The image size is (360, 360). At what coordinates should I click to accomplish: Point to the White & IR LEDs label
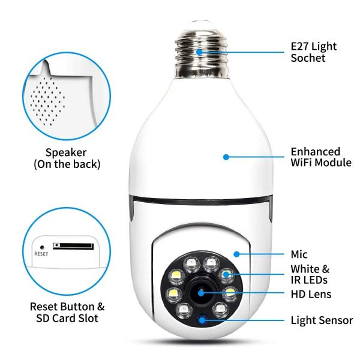click(310, 275)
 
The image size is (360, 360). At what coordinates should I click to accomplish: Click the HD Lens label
click(311, 294)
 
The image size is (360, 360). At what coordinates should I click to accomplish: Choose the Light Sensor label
click(322, 320)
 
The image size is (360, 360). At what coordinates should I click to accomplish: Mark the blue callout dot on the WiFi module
click(226, 157)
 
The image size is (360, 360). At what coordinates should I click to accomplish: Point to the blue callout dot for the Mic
click(237, 254)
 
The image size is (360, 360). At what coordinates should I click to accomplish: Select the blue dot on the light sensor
click(202, 320)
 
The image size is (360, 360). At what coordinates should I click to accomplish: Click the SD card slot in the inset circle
click(73, 245)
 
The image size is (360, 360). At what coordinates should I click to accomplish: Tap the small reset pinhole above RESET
click(42, 246)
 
